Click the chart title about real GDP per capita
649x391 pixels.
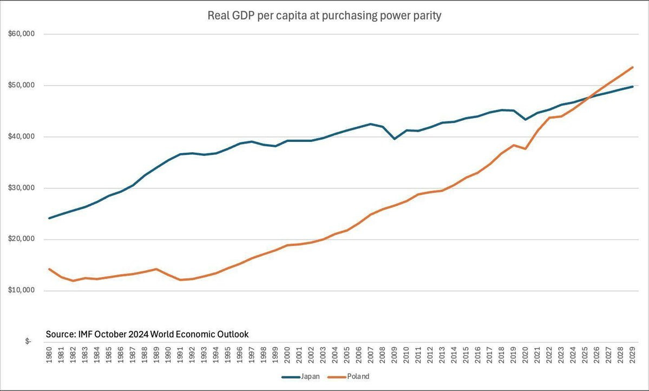[324, 16]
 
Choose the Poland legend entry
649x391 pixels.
[358, 376]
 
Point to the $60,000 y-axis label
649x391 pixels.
[22, 34]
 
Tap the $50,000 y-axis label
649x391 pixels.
[22, 86]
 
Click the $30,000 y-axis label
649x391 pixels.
[22, 188]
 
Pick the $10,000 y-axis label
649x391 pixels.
[22, 291]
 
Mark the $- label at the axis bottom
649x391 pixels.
[28, 342]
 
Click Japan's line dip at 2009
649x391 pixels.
[395, 139]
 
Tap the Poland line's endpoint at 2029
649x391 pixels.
[633, 67]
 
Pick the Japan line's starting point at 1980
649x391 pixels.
[50, 218]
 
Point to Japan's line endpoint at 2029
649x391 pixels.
[633, 87]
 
